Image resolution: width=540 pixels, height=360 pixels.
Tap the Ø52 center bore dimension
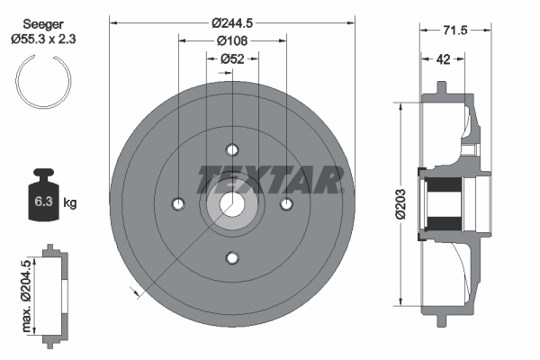coord(232,59)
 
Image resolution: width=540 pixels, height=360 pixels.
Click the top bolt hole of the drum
coord(232,149)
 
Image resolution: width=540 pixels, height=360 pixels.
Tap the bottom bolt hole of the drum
coord(232,259)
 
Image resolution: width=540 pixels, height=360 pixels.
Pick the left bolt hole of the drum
coord(177,204)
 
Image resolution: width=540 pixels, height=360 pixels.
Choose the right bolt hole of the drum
coord(287,204)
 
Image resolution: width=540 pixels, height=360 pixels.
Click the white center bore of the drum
coord(232,204)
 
